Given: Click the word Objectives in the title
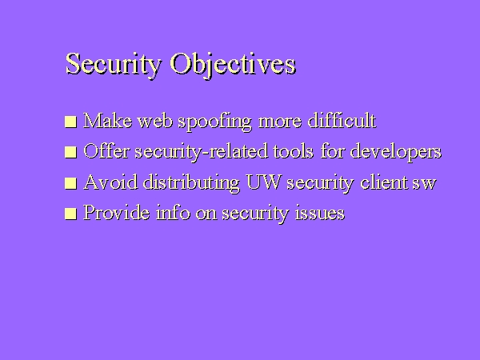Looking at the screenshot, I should point(233,64).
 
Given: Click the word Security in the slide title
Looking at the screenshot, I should point(114,64).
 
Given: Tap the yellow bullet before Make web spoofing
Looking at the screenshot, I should point(71,122).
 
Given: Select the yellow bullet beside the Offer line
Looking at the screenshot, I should point(71,152).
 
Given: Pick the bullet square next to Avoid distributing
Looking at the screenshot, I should point(71,183).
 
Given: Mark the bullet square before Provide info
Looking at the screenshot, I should point(71,214).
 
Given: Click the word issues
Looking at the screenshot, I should point(318,213).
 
